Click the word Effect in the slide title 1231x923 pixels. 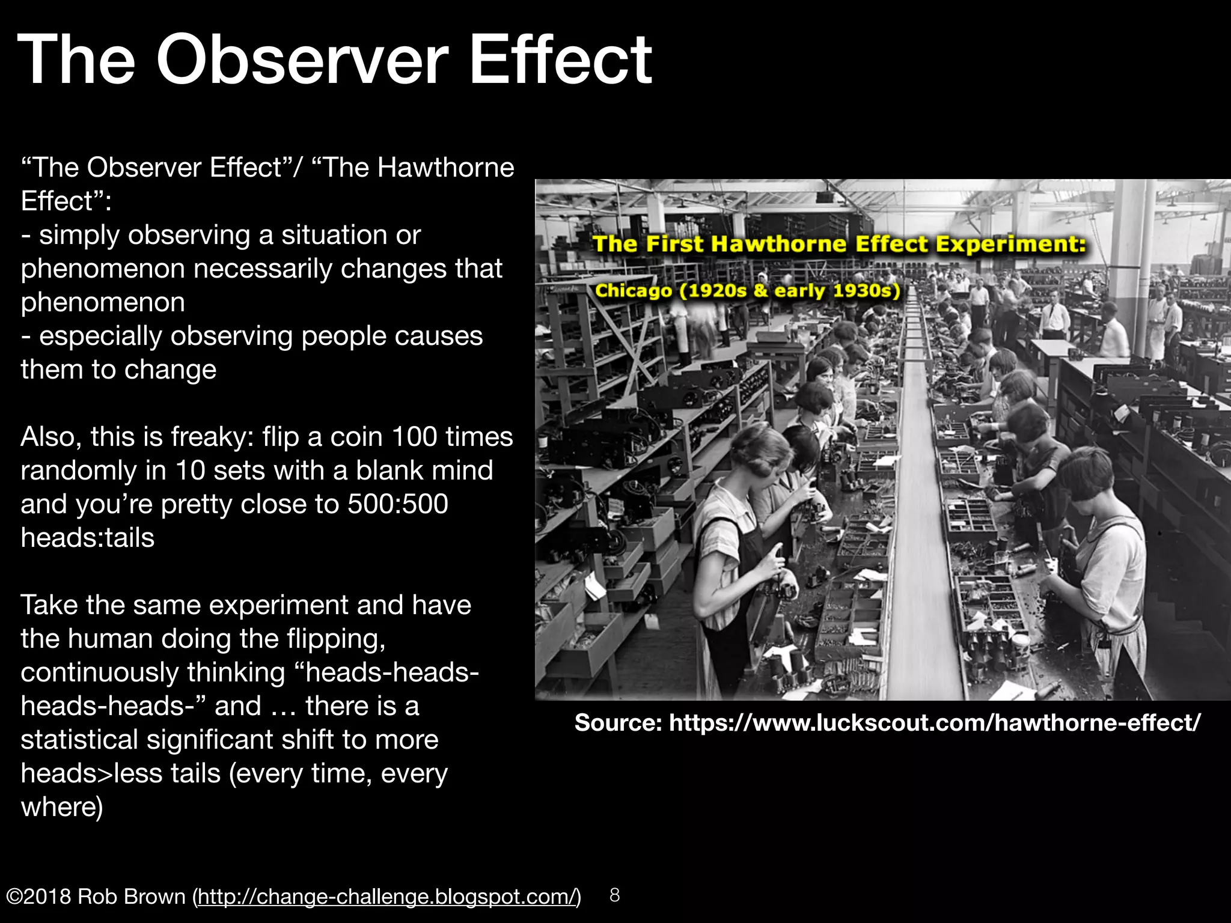point(559,60)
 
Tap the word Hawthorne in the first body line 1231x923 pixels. point(445,168)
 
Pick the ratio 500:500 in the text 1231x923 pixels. point(397,504)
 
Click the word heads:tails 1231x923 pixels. point(88,538)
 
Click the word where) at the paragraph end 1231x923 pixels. point(62,807)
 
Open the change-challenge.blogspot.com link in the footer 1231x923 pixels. point(386,897)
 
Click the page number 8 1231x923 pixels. point(614,895)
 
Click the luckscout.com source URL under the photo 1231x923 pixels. point(935,722)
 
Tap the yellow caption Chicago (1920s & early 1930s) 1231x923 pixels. point(747,291)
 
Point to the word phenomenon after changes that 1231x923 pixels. point(103,302)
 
